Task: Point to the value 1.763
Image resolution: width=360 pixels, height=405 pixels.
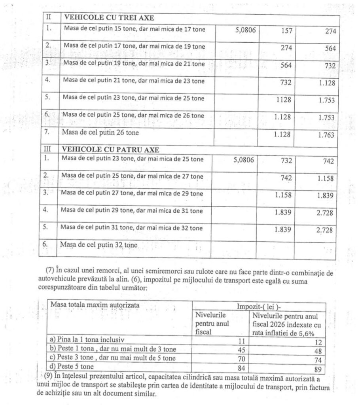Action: click(x=326, y=135)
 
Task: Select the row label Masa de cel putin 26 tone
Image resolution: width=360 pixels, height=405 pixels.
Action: click(x=100, y=133)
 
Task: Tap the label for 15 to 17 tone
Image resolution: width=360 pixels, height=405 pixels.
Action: click(x=133, y=29)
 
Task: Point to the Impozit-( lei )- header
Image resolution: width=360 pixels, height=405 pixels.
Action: click(x=259, y=307)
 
